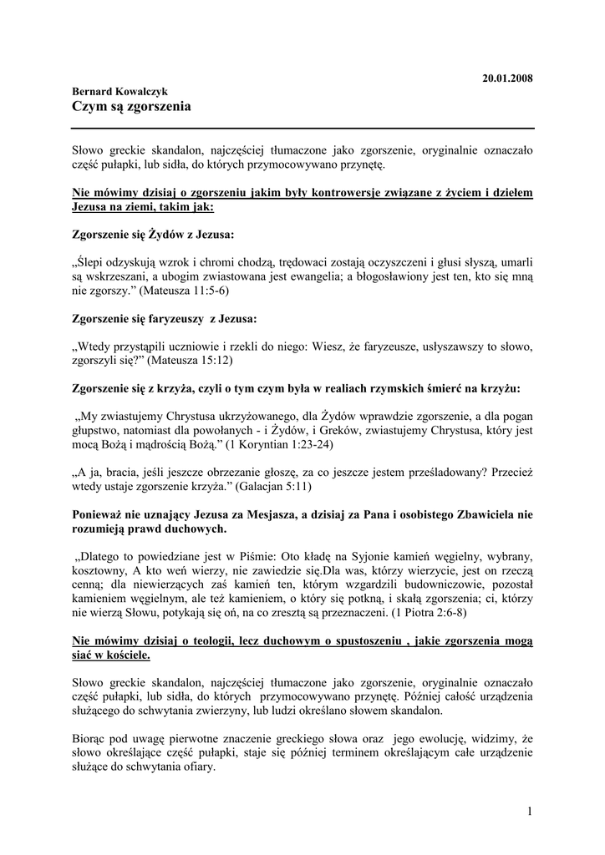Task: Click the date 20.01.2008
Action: (508, 78)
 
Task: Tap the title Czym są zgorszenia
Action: (131, 107)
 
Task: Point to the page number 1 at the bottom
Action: (530, 811)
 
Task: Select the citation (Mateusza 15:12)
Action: (188, 361)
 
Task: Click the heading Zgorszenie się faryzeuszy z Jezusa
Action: (165, 318)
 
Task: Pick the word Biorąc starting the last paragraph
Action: (91, 739)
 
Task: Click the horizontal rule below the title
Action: (302, 127)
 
